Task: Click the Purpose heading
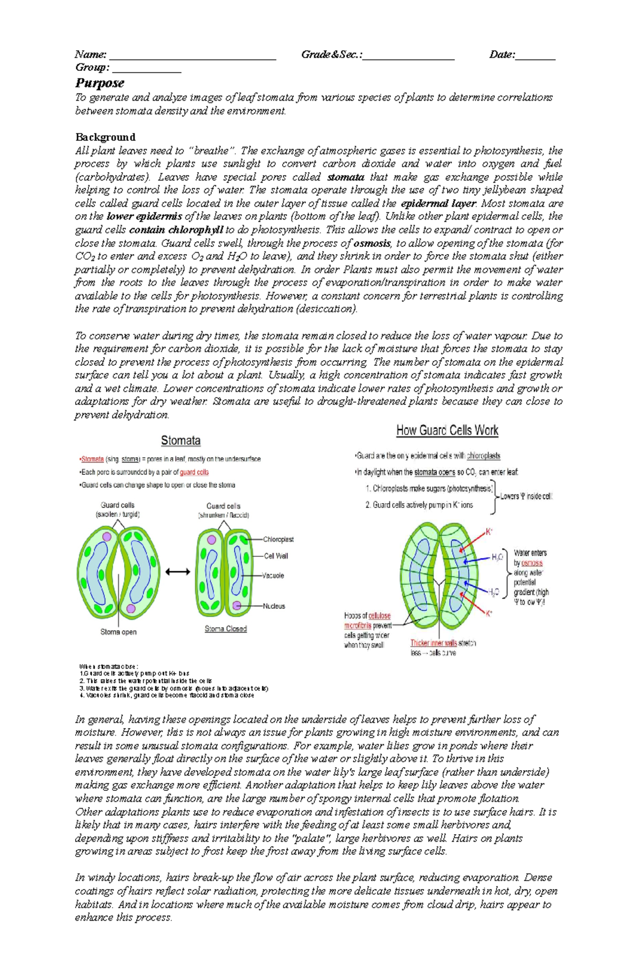(x=100, y=83)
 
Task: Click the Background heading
(x=105, y=137)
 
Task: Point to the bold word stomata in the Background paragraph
(x=346, y=177)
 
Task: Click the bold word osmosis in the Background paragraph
(x=372, y=243)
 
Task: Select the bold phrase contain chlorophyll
(x=176, y=230)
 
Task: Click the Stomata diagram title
(x=181, y=441)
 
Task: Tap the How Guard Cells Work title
(x=447, y=431)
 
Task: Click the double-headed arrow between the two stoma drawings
(x=178, y=572)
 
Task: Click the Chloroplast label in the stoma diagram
(x=278, y=539)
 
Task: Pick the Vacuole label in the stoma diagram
(x=274, y=576)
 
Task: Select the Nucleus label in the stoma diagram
(x=274, y=606)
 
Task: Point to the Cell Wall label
(x=276, y=556)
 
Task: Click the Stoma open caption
(x=118, y=632)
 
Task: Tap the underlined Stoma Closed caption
(x=226, y=629)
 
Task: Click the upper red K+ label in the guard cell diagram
(x=489, y=532)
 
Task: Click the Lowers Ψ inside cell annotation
(x=526, y=496)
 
